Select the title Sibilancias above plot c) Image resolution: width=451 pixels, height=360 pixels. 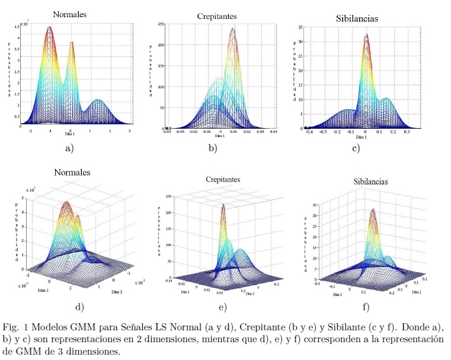[x=357, y=18]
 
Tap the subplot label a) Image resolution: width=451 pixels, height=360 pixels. [x=69, y=148]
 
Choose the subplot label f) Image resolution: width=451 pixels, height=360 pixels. [x=366, y=307]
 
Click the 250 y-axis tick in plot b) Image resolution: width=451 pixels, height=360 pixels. [x=161, y=24]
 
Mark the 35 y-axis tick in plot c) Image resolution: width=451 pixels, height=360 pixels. [x=301, y=27]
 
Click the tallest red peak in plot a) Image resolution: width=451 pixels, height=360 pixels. [x=50, y=28]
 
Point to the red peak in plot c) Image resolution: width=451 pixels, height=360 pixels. [x=366, y=36]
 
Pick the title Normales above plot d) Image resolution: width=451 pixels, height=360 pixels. [x=72, y=173]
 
